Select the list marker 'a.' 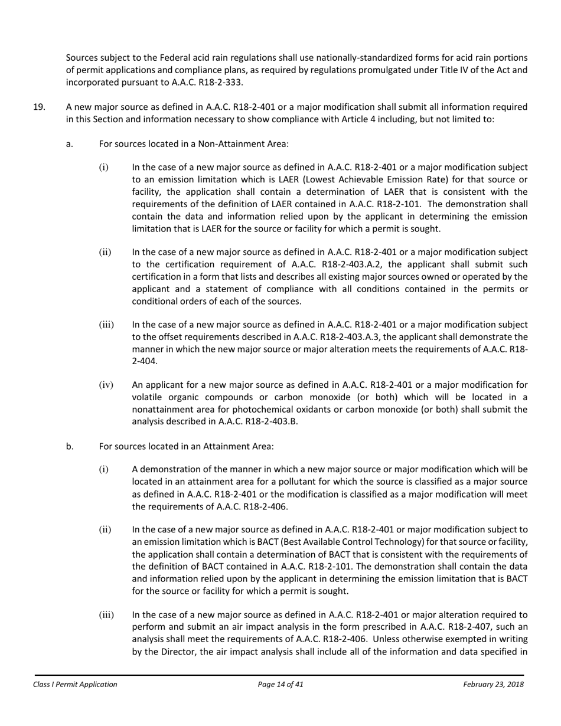pos(70,143)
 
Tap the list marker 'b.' pos(70,446)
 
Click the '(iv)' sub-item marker pos(106,385)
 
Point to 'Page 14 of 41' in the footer pos(280,685)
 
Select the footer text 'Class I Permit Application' pos(75,685)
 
